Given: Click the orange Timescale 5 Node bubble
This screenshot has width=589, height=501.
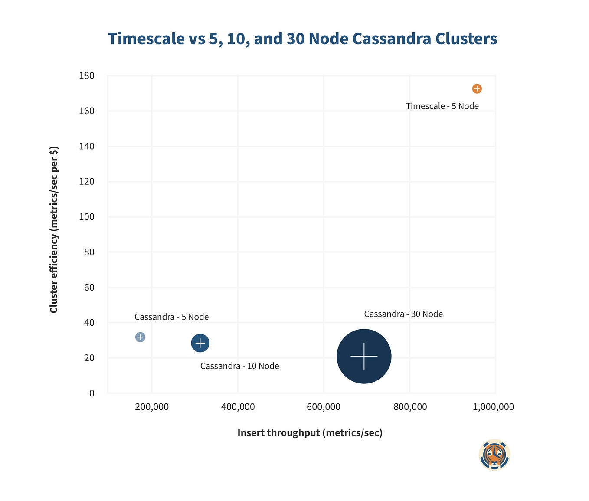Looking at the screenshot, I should click(477, 88).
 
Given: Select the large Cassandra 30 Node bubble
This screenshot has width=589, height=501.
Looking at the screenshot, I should click(364, 356).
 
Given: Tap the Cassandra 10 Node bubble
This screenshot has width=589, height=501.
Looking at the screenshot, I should click(200, 343).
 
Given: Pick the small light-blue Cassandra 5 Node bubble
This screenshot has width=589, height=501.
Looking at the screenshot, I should click(140, 337).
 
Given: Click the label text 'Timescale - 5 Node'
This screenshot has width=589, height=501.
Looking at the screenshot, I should click(442, 106).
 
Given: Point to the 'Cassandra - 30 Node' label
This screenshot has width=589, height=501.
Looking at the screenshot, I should click(403, 314).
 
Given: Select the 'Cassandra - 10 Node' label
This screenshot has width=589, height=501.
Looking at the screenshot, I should click(239, 366).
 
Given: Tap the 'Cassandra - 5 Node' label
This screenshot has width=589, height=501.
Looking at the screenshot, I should click(171, 317).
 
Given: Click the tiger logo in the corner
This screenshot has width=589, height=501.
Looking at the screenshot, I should click(494, 455).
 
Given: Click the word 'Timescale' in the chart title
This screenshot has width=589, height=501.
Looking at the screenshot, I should click(146, 39).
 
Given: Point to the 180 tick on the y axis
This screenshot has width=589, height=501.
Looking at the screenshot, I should click(87, 76).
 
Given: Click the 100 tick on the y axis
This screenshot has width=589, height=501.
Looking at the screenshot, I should click(87, 217).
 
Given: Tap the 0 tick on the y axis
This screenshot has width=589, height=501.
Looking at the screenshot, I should click(92, 393).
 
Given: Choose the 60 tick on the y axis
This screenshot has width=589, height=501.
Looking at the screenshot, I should click(89, 288).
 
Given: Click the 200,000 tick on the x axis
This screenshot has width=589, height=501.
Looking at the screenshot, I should click(152, 407).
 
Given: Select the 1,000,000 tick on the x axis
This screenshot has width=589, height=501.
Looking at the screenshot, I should click(493, 407).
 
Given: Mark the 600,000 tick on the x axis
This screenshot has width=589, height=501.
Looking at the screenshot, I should click(324, 407).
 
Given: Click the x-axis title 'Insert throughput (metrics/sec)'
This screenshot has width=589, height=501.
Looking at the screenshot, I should click(310, 433).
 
